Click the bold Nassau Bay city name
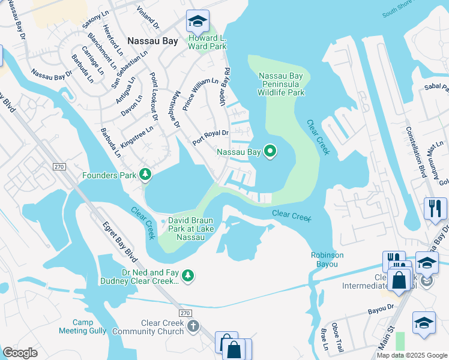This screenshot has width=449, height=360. point(152,41)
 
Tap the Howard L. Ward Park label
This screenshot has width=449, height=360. point(208,42)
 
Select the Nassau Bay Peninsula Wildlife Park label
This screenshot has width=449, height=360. point(282,84)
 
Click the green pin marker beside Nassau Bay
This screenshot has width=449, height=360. point(270,152)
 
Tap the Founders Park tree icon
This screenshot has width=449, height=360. point(145,175)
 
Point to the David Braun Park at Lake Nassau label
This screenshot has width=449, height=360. point(191,229)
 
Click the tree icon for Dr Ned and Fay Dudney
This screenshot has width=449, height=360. point(188,275)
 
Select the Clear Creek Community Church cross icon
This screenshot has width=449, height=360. point(193,326)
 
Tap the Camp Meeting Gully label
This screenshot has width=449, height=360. point(77,326)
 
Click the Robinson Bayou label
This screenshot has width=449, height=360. point(327,259)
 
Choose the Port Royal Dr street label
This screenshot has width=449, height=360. point(211,137)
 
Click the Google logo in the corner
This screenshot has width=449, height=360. point(20,352)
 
